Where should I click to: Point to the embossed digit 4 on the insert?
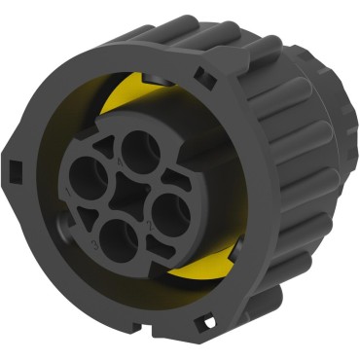coord(121,162)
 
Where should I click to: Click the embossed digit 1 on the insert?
coord(68,193)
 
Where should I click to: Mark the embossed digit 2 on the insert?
coord(150,225)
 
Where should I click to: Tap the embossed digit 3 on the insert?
coord(94,244)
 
